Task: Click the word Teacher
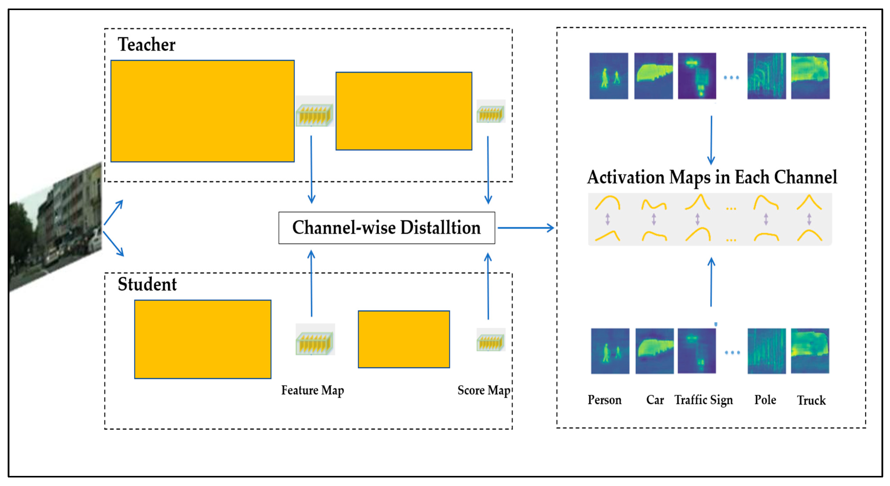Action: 147,45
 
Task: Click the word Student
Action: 147,284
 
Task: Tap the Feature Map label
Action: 312,390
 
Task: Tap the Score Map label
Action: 484,390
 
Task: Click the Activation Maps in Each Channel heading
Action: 712,177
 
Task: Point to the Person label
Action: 604,400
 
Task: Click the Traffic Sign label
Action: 703,400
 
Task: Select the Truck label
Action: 811,400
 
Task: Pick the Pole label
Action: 765,400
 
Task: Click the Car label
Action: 655,400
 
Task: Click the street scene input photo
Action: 55,228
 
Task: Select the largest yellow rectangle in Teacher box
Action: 202,111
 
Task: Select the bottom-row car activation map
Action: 654,351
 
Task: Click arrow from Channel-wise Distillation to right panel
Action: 525,228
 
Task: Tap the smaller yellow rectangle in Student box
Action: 403,339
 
